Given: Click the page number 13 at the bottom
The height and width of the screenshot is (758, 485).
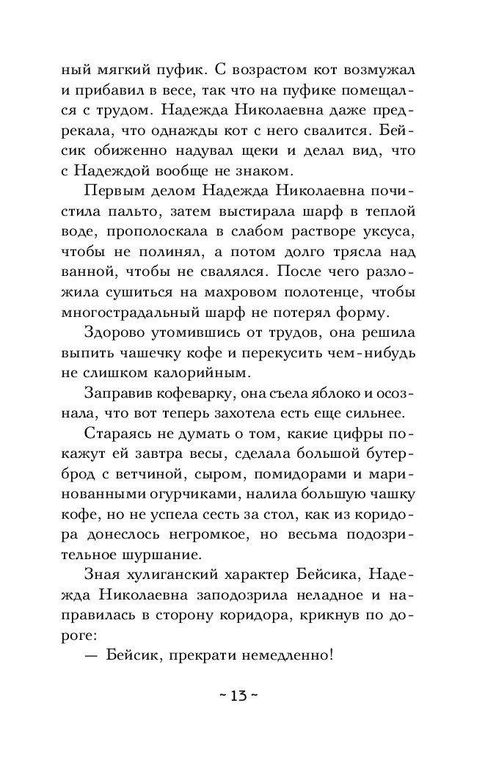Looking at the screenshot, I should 240,696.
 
